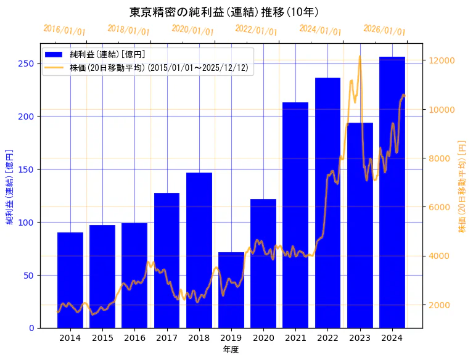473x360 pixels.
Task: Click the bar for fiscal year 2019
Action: [x=231, y=290]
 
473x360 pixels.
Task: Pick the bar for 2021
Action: [x=295, y=215]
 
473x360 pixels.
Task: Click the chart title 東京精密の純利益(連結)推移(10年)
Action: [x=224, y=12]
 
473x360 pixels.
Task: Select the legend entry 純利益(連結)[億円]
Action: [x=107, y=55]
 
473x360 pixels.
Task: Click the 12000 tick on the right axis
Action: [x=442, y=60]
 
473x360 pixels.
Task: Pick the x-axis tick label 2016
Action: [x=134, y=338]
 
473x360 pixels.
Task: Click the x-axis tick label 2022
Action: [x=327, y=338]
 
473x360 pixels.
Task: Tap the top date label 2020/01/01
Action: [x=192, y=30]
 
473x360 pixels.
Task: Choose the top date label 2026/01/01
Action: [x=384, y=30]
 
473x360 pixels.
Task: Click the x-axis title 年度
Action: [x=231, y=350]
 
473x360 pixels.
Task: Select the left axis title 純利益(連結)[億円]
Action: [x=10, y=186]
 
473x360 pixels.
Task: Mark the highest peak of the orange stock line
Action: [x=360, y=57]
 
